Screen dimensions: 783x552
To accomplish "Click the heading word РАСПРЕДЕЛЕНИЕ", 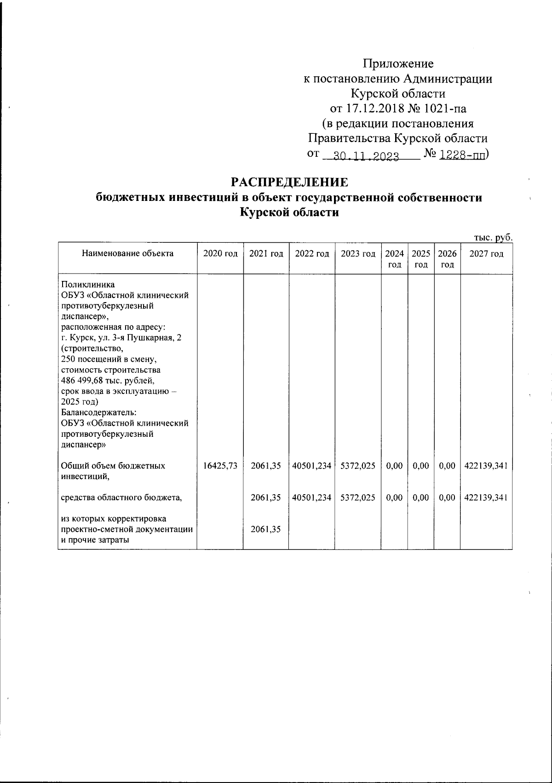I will click(x=289, y=182).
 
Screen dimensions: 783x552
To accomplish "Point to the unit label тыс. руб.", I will click(x=493, y=237).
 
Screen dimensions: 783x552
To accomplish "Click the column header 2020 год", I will click(x=220, y=254).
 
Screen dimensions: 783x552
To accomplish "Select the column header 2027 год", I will click(x=486, y=254).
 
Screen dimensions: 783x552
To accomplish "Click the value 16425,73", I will click(x=220, y=466).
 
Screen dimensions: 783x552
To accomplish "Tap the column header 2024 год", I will click(x=395, y=259).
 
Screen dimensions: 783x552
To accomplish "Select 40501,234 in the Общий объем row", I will click(x=312, y=466).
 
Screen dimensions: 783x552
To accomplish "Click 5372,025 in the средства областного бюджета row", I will click(x=358, y=497).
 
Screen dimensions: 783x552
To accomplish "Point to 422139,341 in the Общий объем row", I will click(x=486, y=466).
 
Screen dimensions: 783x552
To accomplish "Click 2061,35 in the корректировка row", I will click(x=266, y=529).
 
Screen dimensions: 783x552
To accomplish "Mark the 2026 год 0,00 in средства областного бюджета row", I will click(x=447, y=497).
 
